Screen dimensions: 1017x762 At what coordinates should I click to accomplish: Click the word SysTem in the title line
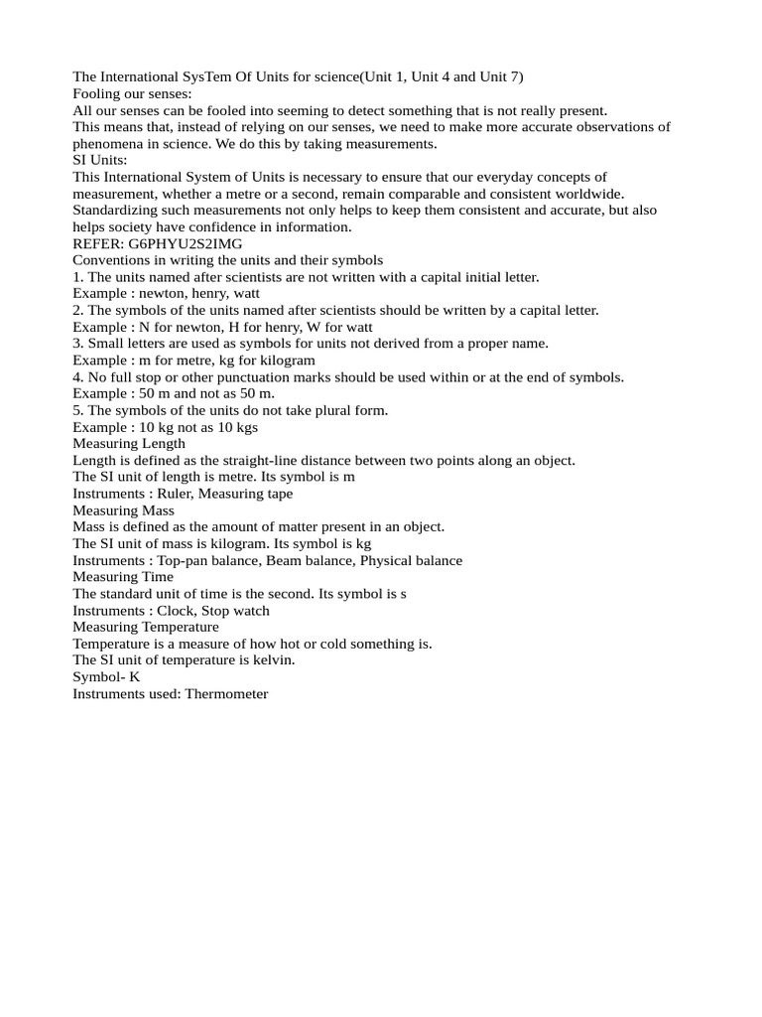click(205, 76)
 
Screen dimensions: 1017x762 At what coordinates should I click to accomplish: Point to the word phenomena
click(108, 144)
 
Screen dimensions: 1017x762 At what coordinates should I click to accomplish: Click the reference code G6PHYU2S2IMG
click(186, 243)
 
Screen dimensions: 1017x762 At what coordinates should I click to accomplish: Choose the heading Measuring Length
click(129, 444)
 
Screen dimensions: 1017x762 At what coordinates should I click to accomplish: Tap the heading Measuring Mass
click(123, 510)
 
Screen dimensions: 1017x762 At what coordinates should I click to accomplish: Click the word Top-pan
click(186, 560)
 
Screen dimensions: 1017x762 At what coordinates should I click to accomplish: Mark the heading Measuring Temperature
click(146, 627)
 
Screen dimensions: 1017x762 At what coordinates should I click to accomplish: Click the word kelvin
click(273, 660)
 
